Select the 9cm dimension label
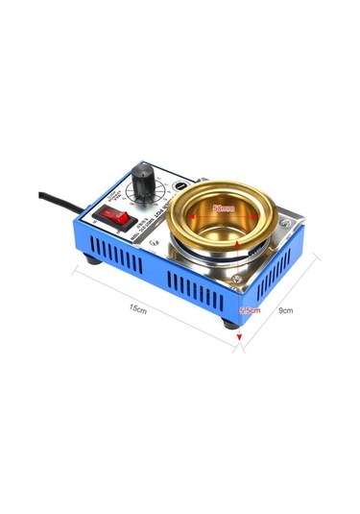(285, 309)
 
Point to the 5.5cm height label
(251, 310)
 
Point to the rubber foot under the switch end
(94, 258)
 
